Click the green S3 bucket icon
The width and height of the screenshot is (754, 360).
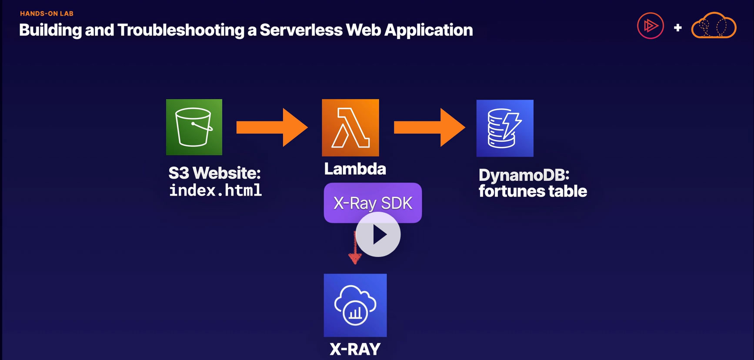tap(194, 127)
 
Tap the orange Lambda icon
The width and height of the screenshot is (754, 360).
tap(350, 127)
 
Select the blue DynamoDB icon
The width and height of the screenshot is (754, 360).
tap(505, 128)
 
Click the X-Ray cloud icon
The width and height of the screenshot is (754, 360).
tap(355, 305)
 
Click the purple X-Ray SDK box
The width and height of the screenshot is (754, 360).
tap(373, 202)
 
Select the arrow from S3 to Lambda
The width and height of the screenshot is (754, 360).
tap(272, 127)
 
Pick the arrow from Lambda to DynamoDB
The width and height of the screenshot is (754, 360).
tap(429, 127)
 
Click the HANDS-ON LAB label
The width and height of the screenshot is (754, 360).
tap(47, 13)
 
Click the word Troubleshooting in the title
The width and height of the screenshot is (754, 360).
tap(181, 30)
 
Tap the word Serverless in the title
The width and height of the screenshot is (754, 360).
tap(301, 30)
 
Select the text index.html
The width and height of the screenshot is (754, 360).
tap(215, 190)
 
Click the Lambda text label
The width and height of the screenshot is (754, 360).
tap(355, 169)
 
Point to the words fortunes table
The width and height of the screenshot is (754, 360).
tap(533, 191)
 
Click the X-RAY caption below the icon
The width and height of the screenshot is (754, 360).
tap(355, 349)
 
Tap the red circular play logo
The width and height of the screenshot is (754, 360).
tap(650, 26)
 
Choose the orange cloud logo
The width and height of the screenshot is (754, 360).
tap(714, 26)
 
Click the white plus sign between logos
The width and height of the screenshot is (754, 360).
tap(677, 28)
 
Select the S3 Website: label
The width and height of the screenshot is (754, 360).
tap(214, 173)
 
